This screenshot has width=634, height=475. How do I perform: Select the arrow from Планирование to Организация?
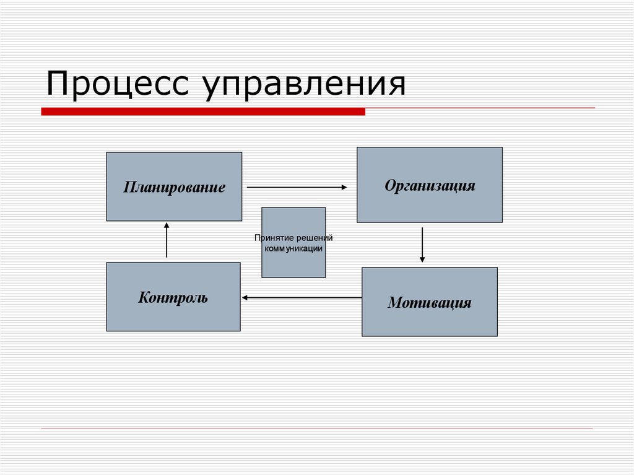297,186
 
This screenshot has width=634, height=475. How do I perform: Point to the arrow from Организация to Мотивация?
422,245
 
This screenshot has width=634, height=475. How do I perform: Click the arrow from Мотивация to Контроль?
302,298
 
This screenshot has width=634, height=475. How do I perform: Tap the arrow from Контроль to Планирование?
167,240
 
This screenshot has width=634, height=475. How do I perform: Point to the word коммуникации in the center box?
293,248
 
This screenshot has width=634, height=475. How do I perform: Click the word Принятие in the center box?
274,238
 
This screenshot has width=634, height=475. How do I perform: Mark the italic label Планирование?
174,187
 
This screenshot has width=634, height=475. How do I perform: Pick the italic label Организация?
430,185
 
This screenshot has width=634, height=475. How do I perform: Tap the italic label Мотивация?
430,303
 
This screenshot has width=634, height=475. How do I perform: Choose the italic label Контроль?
173,297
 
